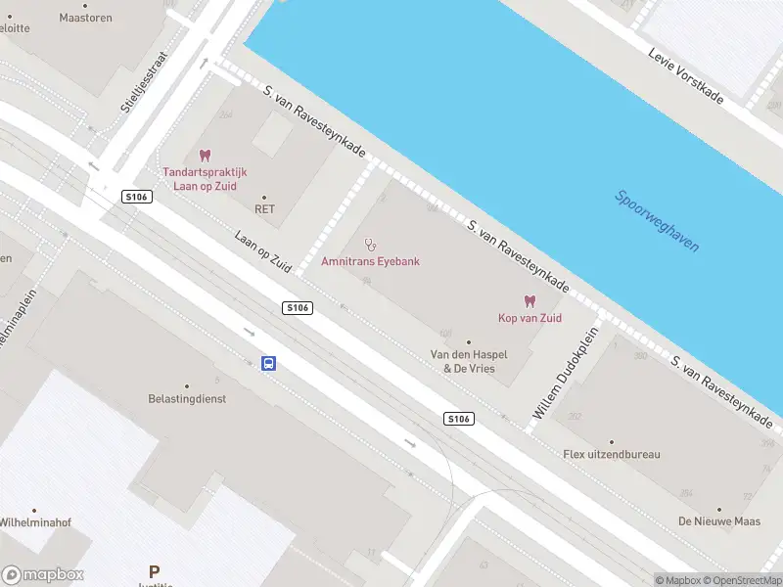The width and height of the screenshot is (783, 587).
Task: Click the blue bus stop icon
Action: [x=268, y=364]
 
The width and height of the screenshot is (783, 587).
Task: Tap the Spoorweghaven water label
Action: [x=657, y=221]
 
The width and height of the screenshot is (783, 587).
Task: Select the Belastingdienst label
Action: [x=187, y=399]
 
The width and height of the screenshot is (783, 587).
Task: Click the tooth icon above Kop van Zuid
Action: [x=530, y=301]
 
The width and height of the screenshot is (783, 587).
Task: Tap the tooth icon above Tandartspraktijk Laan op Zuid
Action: [x=205, y=155]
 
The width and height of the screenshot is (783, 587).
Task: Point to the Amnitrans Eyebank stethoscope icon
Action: [x=370, y=245]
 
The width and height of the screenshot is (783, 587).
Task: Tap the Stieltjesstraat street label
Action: [x=145, y=83]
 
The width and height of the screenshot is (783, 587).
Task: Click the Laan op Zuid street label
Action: [x=264, y=250]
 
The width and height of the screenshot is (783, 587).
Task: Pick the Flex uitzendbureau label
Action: [x=612, y=454]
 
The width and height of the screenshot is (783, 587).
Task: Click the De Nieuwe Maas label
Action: [x=719, y=521]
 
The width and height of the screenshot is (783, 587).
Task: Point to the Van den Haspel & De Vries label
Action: [x=469, y=361]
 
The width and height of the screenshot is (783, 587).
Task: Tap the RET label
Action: [x=264, y=208]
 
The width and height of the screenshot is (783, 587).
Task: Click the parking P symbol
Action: [x=154, y=570]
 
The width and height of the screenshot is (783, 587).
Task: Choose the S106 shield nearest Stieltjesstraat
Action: [x=137, y=197]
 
